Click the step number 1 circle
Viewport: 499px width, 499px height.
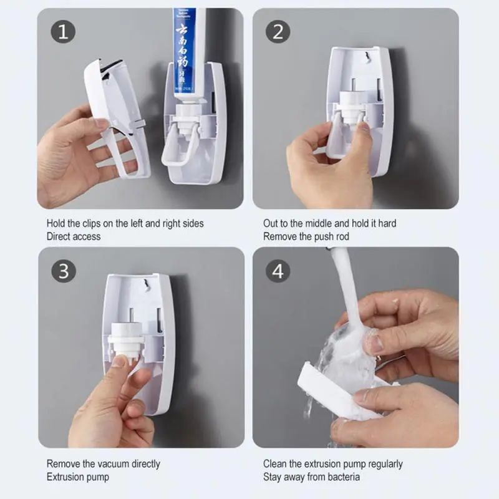[62, 32]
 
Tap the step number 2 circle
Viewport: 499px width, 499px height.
[278, 32]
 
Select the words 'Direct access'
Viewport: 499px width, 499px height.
[73, 236]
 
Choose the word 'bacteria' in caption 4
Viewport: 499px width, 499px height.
[340, 477]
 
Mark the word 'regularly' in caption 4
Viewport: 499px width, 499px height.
[382, 464]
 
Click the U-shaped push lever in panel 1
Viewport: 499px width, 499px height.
[178, 147]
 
